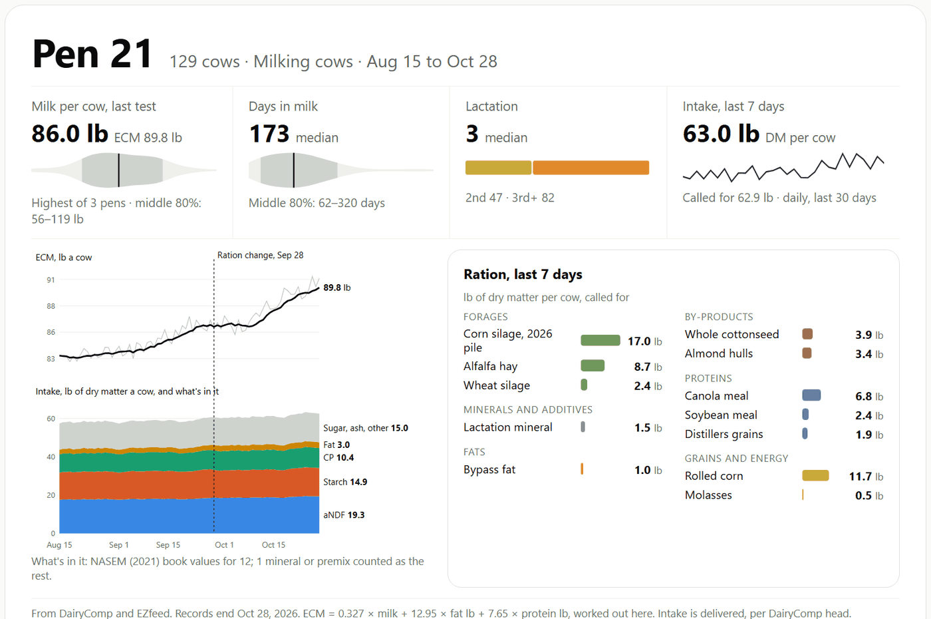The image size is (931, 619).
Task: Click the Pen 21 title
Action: tap(92, 54)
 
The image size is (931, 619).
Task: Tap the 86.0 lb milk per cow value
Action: tap(70, 134)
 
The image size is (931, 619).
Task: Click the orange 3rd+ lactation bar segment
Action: tap(591, 168)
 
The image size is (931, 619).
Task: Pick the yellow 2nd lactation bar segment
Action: tap(498, 168)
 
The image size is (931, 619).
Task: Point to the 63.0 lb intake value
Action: tap(721, 134)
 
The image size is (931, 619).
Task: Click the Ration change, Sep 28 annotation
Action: tap(260, 255)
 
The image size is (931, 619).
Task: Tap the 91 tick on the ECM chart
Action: tap(51, 280)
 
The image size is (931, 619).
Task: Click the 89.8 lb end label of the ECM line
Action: tap(336, 288)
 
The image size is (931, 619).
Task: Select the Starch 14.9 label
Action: tap(345, 482)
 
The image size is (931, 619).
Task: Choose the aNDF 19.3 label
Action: tap(344, 515)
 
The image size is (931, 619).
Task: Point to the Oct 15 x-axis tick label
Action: tap(273, 545)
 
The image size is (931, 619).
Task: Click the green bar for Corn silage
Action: tap(600, 340)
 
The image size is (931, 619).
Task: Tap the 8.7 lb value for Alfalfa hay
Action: tap(648, 367)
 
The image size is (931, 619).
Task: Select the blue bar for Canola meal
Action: tap(811, 395)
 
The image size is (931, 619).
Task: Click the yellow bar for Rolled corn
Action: tap(815, 475)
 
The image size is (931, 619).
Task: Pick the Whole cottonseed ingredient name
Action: tap(731, 334)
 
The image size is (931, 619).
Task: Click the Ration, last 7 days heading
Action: tap(523, 274)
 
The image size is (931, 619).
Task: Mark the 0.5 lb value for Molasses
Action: tap(869, 495)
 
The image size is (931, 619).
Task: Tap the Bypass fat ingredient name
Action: tap(489, 470)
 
